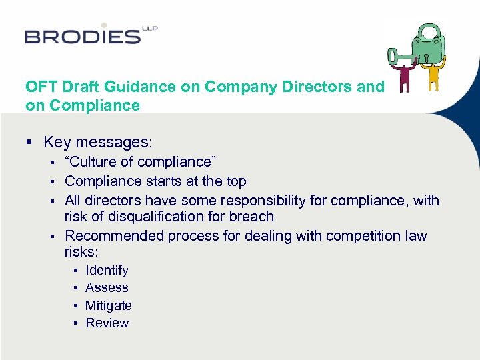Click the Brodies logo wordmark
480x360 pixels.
tap(83, 35)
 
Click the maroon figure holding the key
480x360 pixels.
tap(404, 77)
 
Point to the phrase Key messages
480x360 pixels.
tap(98, 142)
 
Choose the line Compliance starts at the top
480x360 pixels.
tap(155, 181)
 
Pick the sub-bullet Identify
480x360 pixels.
tap(107, 271)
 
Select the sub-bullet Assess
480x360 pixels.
tap(107, 288)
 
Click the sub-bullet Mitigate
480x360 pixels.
tap(109, 306)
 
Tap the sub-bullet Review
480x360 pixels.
tap(107, 323)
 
